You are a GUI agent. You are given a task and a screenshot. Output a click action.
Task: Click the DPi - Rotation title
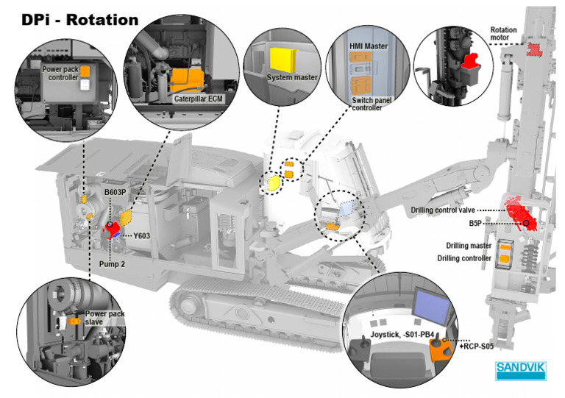pos(80,20)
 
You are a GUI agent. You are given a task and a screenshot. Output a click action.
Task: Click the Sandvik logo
pos(521,371)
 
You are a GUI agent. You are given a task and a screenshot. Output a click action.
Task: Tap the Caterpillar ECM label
pos(198,99)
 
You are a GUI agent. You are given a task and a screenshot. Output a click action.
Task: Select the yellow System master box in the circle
pos(283,60)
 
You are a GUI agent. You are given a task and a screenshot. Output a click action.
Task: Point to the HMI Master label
pos(369,46)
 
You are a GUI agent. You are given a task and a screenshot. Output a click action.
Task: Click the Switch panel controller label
pos(371,104)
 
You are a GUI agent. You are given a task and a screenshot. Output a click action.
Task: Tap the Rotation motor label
pos(503,34)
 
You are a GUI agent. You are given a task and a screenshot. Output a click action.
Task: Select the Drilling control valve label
pos(443,210)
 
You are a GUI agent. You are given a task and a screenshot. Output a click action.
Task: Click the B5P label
pos(475,224)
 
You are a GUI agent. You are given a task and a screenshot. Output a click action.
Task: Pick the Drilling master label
pos(469,246)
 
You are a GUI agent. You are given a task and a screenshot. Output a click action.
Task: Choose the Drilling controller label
pos(464,258)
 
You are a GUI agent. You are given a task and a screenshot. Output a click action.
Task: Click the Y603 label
pos(141,236)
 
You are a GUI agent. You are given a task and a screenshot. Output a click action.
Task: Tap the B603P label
pos(116,192)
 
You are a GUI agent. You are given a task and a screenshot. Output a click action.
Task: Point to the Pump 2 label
pos(112,264)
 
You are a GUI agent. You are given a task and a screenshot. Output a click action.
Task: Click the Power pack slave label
pos(104,318)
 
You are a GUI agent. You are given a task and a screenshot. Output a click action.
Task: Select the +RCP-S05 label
pos(477,346)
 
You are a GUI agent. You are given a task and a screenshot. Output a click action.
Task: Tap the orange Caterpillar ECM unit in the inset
pos(187,80)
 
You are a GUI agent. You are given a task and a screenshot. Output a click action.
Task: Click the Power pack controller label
pos(60,73)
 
